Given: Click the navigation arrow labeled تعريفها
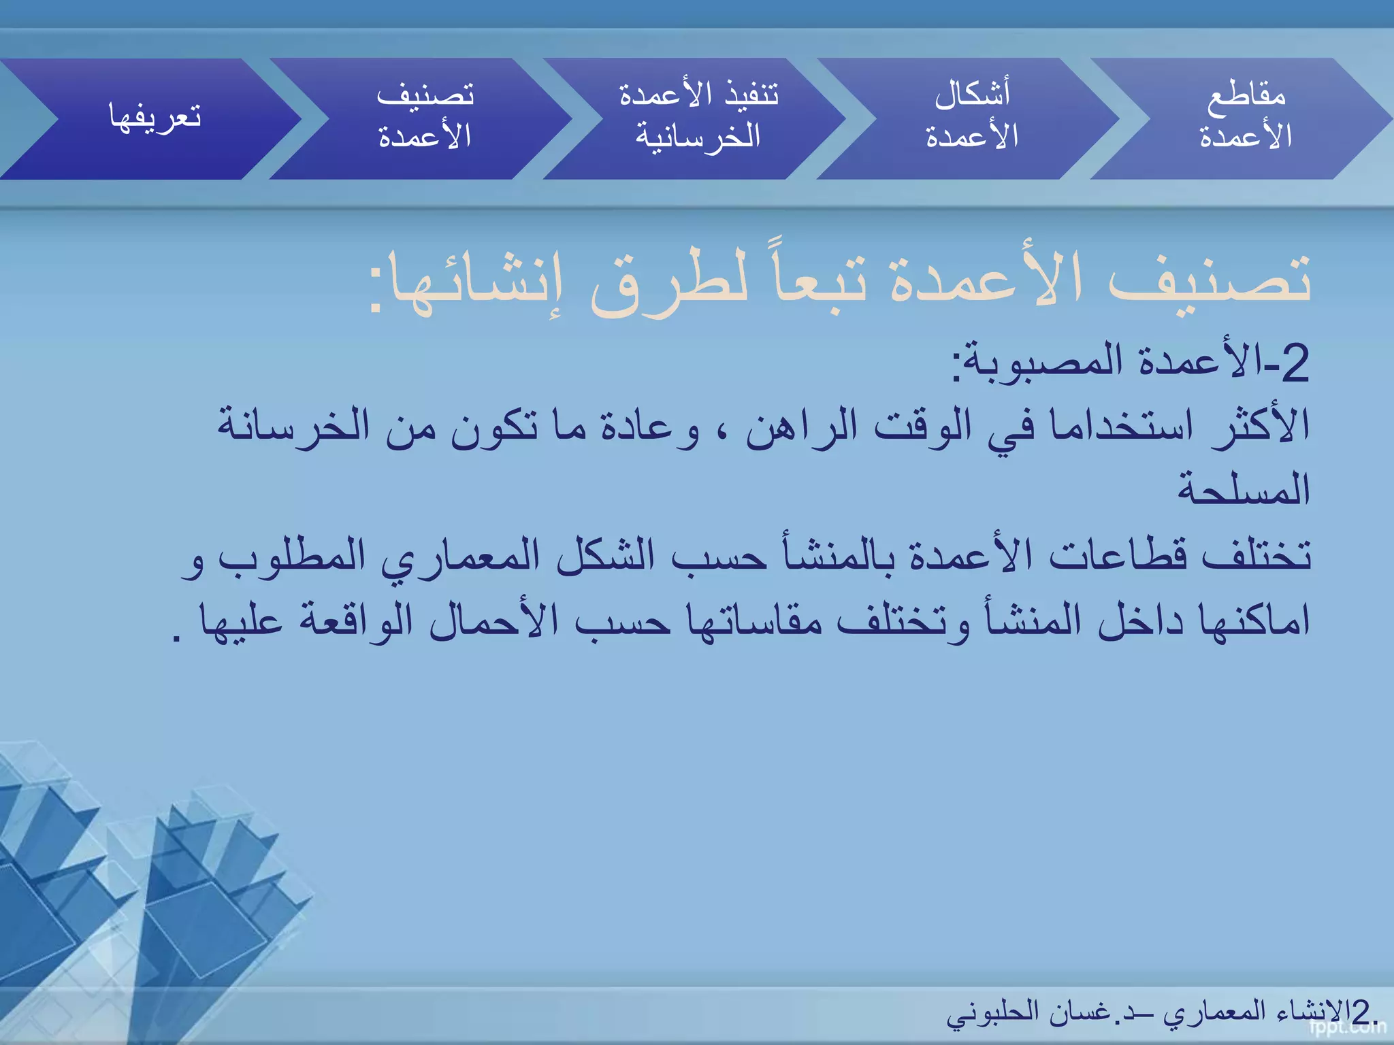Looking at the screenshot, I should [155, 117].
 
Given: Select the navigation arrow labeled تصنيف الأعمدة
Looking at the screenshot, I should [425, 117].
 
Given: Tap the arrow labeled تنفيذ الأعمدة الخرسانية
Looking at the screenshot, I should [698, 117].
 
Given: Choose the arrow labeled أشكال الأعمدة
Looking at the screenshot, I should [972, 117].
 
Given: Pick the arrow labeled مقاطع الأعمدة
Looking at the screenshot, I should [1246, 117].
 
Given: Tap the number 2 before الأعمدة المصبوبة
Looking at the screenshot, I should [1294, 364].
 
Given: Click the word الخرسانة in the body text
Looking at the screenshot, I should [293, 426].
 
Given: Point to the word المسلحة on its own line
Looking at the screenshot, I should [1244, 488].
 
